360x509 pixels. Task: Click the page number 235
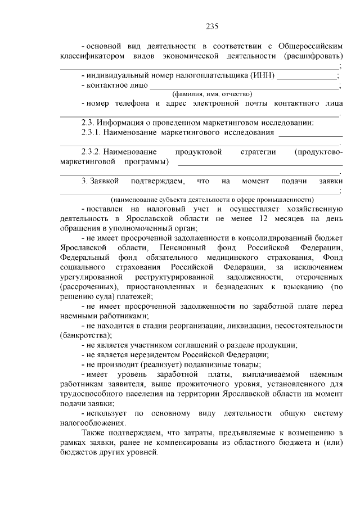click(211, 26)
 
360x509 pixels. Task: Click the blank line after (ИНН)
click(307, 77)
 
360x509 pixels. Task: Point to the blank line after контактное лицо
click(245, 87)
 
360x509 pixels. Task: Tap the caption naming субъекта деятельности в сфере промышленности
click(212, 200)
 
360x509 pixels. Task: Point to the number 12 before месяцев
click(264, 219)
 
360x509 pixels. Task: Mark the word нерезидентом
click(147, 355)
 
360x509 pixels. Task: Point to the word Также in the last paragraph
click(93, 433)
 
